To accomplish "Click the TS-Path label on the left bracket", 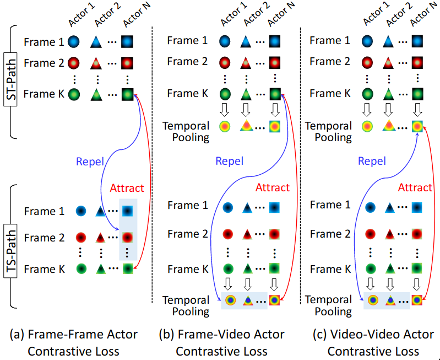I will point(10,254).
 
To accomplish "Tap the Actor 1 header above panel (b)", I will point(231,17).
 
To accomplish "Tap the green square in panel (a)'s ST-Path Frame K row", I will point(127,94).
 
